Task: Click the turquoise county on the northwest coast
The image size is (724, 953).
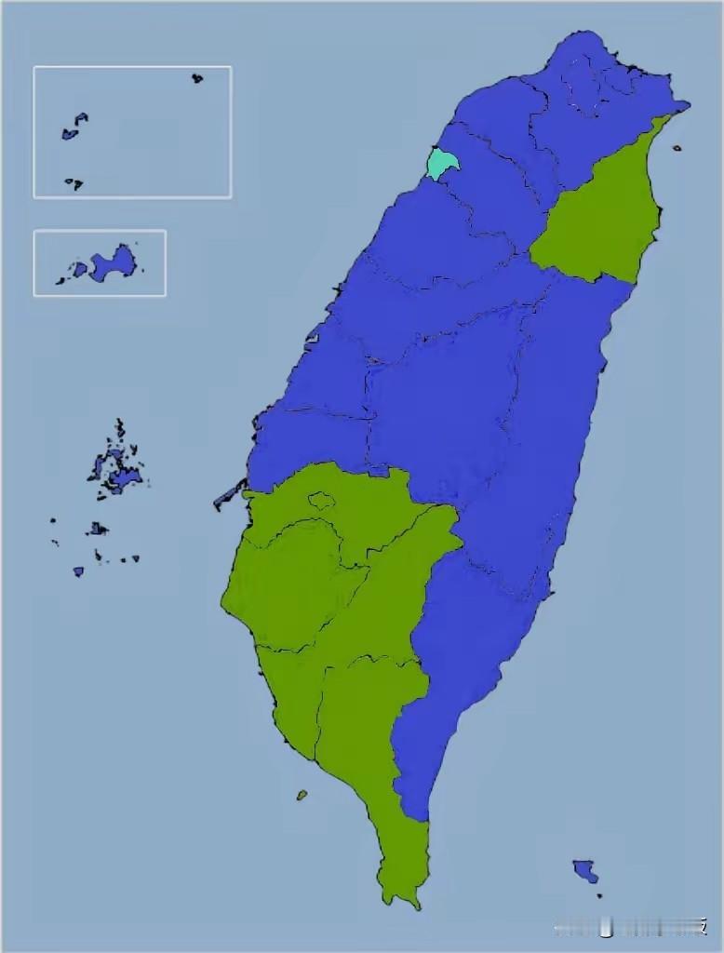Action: (x=442, y=164)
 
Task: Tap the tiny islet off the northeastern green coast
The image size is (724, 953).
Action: (x=677, y=147)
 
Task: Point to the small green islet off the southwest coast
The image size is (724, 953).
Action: (x=302, y=795)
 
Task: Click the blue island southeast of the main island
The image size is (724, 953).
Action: (x=585, y=871)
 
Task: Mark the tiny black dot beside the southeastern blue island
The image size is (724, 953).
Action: (x=599, y=895)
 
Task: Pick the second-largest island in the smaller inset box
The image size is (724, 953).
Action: (x=80, y=270)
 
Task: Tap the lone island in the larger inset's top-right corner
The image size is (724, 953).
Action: (x=197, y=78)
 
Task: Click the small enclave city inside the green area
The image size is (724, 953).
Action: (x=321, y=500)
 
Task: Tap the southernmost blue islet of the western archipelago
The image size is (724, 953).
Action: (x=78, y=571)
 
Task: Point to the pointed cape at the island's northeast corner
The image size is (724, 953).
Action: (x=687, y=105)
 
